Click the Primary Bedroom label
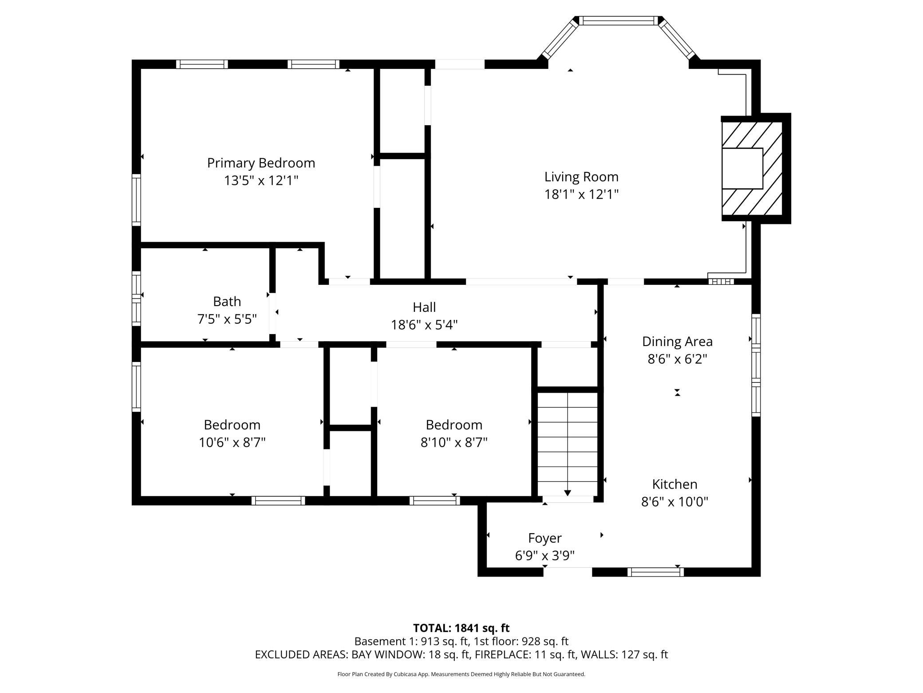click(261, 163)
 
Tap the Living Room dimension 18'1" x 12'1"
click(581, 195)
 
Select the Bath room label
click(227, 302)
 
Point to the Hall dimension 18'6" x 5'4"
click(424, 325)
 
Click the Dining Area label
click(677, 342)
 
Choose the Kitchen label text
click(674, 484)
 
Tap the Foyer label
click(545, 538)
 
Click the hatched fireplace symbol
click(752, 168)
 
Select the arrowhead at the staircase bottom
click(568, 493)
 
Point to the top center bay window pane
click(619, 21)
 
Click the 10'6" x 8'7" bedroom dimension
click(232, 442)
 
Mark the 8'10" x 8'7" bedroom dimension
click(454, 442)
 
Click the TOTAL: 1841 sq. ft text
click(461, 628)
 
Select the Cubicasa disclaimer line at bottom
click(461, 674)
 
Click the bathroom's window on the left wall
click(137, 298)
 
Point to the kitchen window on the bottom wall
click(655, 572)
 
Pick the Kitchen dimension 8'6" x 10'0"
click(674, 502)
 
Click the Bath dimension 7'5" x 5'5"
click(227, 319)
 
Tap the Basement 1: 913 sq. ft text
click(412, 641)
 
